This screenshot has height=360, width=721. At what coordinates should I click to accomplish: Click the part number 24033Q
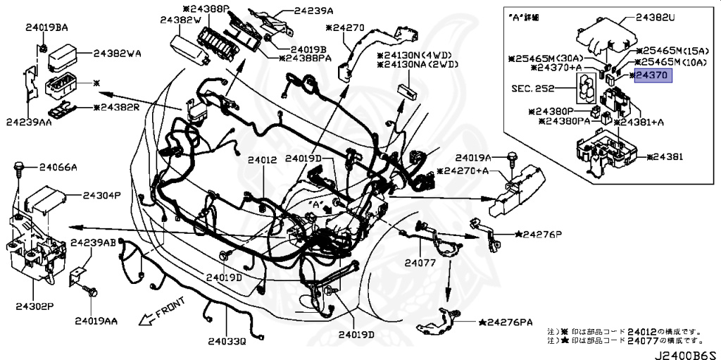tap(227, 342)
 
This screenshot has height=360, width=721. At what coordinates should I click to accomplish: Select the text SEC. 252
tap(534, 89)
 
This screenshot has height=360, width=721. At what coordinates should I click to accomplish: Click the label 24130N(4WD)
tap(418, 55)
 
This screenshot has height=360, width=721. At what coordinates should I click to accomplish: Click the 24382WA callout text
tap(118, 52)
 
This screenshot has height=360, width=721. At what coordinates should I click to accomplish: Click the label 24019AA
tap(96, 321)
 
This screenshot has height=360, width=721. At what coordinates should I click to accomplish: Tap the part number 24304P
tap(102, 194)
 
